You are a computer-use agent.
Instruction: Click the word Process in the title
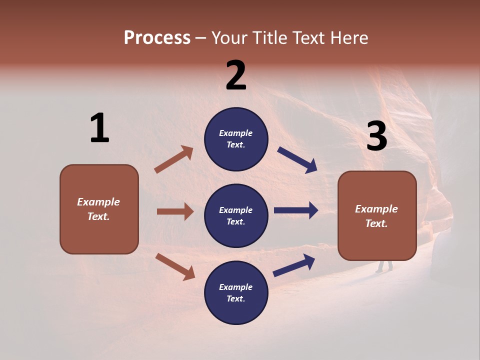[157, 38]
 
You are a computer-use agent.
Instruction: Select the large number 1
[99, 128]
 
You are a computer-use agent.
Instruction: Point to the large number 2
[236, 75]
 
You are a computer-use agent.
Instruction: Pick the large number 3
[376, 136]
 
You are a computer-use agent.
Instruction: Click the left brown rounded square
[99, 209]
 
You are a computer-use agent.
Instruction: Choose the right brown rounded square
[377, 216]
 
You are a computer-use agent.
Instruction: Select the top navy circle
[236, 139]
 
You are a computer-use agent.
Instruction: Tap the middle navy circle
[236, 215]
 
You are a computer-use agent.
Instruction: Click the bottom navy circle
[236, 292]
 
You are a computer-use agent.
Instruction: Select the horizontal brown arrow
[175, 211]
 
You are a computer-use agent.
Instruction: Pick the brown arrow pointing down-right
[175, 266]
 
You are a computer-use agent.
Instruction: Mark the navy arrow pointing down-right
[297, 160]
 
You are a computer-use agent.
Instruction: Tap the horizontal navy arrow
[296, 210]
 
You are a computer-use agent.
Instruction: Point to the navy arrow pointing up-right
[294, 265]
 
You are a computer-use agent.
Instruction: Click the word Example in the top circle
[236, 133]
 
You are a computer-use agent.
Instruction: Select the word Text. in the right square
[376, 223]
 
